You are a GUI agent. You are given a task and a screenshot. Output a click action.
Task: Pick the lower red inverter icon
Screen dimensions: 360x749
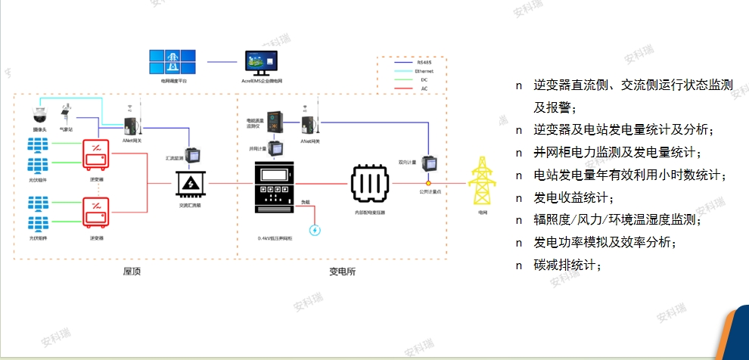tap(97, 213)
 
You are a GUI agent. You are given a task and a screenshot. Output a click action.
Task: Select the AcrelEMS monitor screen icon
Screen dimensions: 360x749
tap(261, 63)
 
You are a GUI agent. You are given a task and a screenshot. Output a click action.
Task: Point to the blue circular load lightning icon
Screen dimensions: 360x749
tap(315, 230)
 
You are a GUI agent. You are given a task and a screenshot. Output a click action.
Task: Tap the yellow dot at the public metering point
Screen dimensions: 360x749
tap(428, 183)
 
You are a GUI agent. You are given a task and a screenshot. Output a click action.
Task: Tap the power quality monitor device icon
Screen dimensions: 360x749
tap(276, 120)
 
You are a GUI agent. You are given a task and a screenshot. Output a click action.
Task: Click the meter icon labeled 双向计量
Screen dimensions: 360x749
tap(429, 163)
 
